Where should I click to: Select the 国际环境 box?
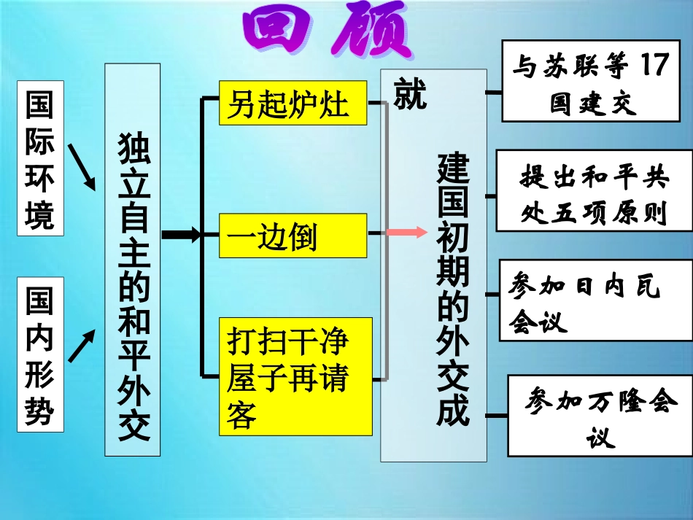(40, 159)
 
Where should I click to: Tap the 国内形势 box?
(40, 355)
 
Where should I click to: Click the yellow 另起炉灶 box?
(293, 103)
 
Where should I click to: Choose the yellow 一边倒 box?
(293, 236)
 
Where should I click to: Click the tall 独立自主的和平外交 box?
(133, 259)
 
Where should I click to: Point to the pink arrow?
(406, 233)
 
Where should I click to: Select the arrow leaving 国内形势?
(81, 346)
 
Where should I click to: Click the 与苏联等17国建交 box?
(589, 82)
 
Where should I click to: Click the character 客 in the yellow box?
(241, 415)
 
